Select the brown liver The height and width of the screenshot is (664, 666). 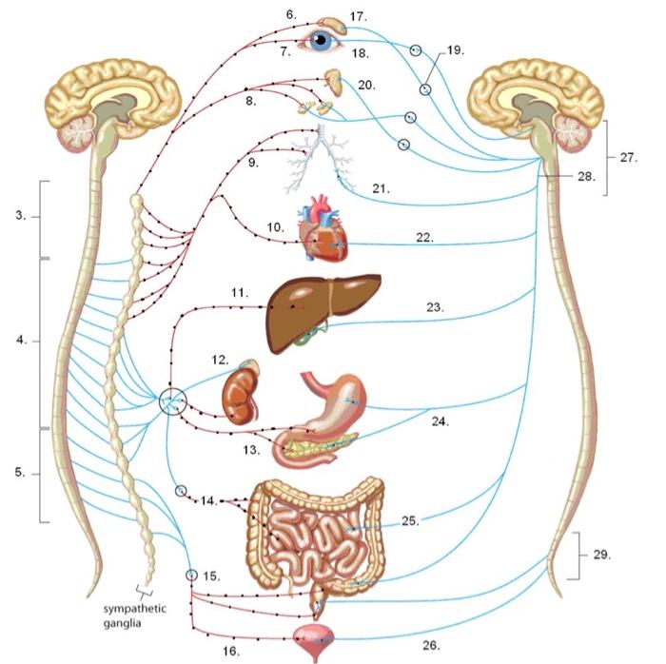coord(314,309)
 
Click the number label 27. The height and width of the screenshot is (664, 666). coord(628,158)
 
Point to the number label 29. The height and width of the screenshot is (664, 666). coord(601,553)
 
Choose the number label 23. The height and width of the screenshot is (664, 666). coord(436,306)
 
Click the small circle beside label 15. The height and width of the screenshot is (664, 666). coord(190,576)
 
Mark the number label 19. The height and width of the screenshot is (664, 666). coord(455,49)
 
